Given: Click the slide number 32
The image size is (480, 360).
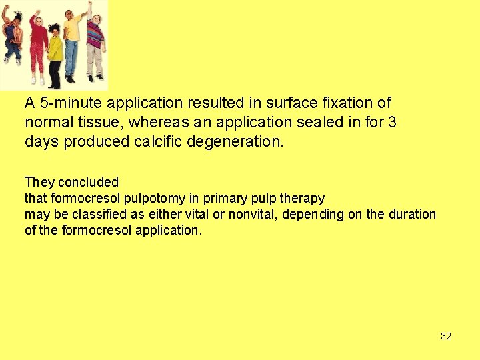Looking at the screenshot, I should pos(446,336).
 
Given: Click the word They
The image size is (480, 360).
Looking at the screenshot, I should pos(39,182).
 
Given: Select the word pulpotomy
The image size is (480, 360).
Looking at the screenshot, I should pos(152,198).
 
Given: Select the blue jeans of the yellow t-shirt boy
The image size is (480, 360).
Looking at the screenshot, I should pos(71,57).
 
